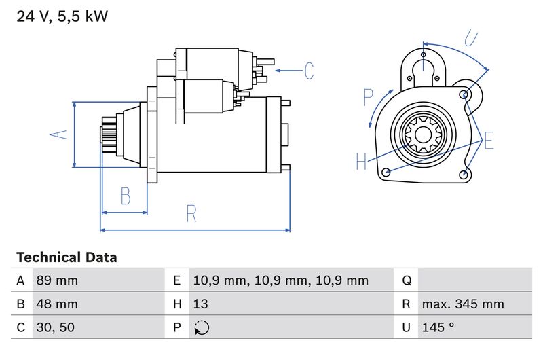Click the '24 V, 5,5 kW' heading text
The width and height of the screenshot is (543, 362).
click(62, 16)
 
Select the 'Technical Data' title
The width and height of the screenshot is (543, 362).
click(67, 257)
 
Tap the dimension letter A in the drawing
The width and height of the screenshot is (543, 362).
click(60, 134)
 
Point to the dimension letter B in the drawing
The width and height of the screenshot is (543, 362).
click(125, 196)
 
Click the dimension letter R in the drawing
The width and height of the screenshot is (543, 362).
click(191, 215)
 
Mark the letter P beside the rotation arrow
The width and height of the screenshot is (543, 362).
click(368, 97)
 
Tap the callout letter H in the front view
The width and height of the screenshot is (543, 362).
click(361, 161)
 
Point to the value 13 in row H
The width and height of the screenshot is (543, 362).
click(201, 304)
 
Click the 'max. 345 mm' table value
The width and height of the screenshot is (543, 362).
click(462, 304)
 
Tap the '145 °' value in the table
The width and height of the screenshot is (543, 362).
click(437, 327)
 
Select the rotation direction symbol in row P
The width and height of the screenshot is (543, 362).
click(201, 327)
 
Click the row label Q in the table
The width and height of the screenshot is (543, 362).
click(407, 280)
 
